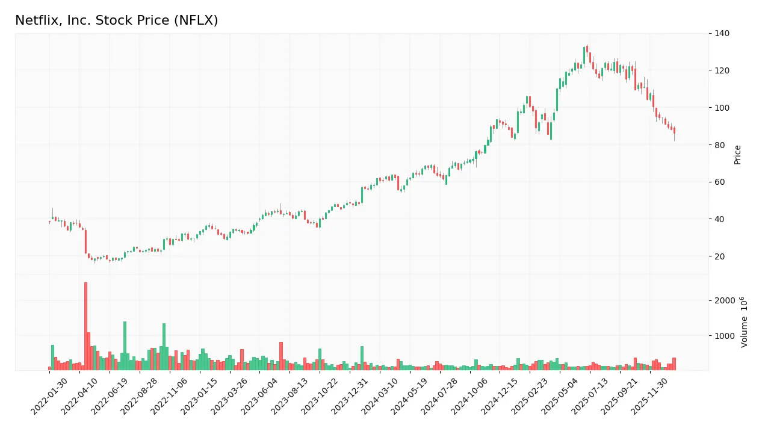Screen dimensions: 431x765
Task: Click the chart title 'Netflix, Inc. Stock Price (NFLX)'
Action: pos(116,20)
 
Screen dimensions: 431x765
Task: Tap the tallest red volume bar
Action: pos(85,326)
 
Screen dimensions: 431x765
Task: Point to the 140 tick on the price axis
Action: pos(722,34)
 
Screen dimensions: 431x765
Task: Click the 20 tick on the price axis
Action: pos(719,256)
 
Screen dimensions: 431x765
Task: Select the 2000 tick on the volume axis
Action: pos(723,300)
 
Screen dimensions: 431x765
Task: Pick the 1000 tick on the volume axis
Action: pos(723,335)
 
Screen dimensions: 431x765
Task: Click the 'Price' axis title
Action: pos(737,154)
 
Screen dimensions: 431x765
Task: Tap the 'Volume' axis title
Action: pos(745,322)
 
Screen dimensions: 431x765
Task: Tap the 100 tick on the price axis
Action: pos(722,108)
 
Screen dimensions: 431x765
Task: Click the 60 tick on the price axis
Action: pos(719,182)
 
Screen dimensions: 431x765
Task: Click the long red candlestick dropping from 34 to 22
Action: pos(85,241)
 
